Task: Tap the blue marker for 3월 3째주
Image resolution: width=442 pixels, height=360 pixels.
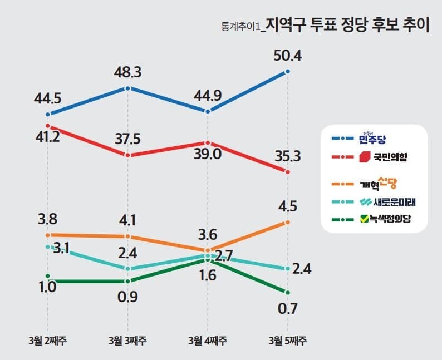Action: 128,88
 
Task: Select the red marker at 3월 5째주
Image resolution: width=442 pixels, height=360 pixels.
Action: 288,172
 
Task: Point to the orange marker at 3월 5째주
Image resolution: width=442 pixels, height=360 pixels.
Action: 288,222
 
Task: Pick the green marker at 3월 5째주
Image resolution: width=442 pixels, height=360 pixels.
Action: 288,293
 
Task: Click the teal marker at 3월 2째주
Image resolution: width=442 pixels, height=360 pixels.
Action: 48,246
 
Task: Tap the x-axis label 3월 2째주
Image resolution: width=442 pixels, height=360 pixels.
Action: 48,340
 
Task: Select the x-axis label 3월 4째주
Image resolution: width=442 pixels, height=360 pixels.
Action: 208,340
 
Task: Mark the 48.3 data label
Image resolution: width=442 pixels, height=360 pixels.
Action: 128,72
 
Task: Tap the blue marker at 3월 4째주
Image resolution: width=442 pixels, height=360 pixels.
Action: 208,111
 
